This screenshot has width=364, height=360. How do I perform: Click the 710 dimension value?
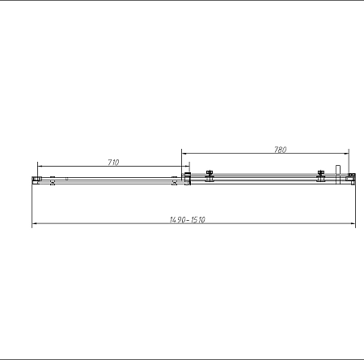(x=113, y=163)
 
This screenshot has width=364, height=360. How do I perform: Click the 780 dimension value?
(x=281, y=149)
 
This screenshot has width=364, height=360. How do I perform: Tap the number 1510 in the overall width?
(x=197, y=220)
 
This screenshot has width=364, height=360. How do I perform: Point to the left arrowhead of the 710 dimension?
(x=39, y=167)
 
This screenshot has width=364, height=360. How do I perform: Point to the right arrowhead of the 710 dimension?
(x=186, y=167)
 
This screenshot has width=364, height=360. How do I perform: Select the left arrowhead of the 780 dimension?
(x=184, y=154)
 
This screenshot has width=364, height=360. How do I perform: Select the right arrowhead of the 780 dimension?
(x=345, y=154)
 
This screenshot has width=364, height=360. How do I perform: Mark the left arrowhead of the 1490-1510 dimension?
(x=35, y=225)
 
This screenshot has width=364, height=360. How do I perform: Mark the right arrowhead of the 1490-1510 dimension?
(x=352, y=225)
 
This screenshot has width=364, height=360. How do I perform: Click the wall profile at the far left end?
(x=36, y=179)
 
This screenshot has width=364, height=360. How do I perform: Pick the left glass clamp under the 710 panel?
(x=53, y=180)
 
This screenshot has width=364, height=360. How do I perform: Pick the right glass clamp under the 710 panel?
(x=174, y=180)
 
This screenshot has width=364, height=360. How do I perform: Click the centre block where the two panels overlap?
(x=187, y=179)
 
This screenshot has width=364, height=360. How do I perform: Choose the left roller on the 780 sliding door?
(x=209, y=176)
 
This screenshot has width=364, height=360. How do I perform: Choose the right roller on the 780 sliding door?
(x=321, y=176)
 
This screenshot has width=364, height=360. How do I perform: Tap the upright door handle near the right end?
(x=339, y=174)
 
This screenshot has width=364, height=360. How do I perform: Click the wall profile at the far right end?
(x=351, y=178)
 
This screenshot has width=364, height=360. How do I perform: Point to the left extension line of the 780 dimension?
(x=181, y=162)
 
